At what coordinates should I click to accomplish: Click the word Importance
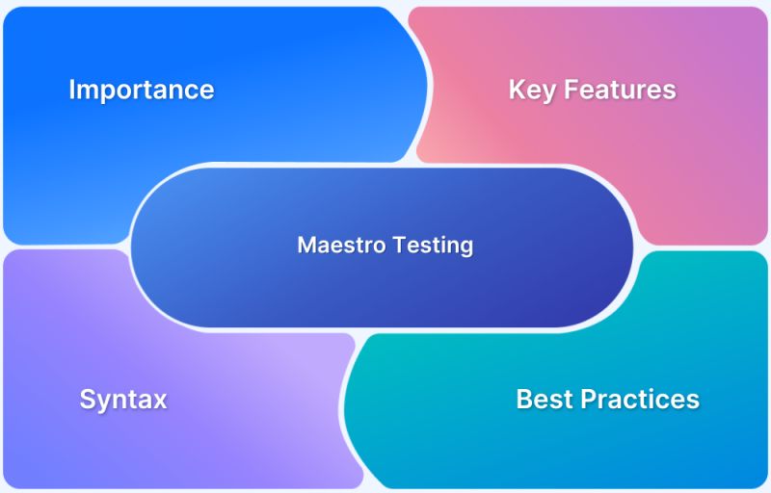(141, 90)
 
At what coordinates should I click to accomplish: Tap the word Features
(620, 90)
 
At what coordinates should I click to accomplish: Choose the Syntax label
(123, 400)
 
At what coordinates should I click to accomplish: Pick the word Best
(544, 399)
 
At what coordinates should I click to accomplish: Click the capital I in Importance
(72, 90)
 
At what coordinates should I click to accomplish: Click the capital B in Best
(524, 399)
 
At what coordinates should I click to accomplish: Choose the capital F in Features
(571, 90)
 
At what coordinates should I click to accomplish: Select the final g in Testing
(466, 247)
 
